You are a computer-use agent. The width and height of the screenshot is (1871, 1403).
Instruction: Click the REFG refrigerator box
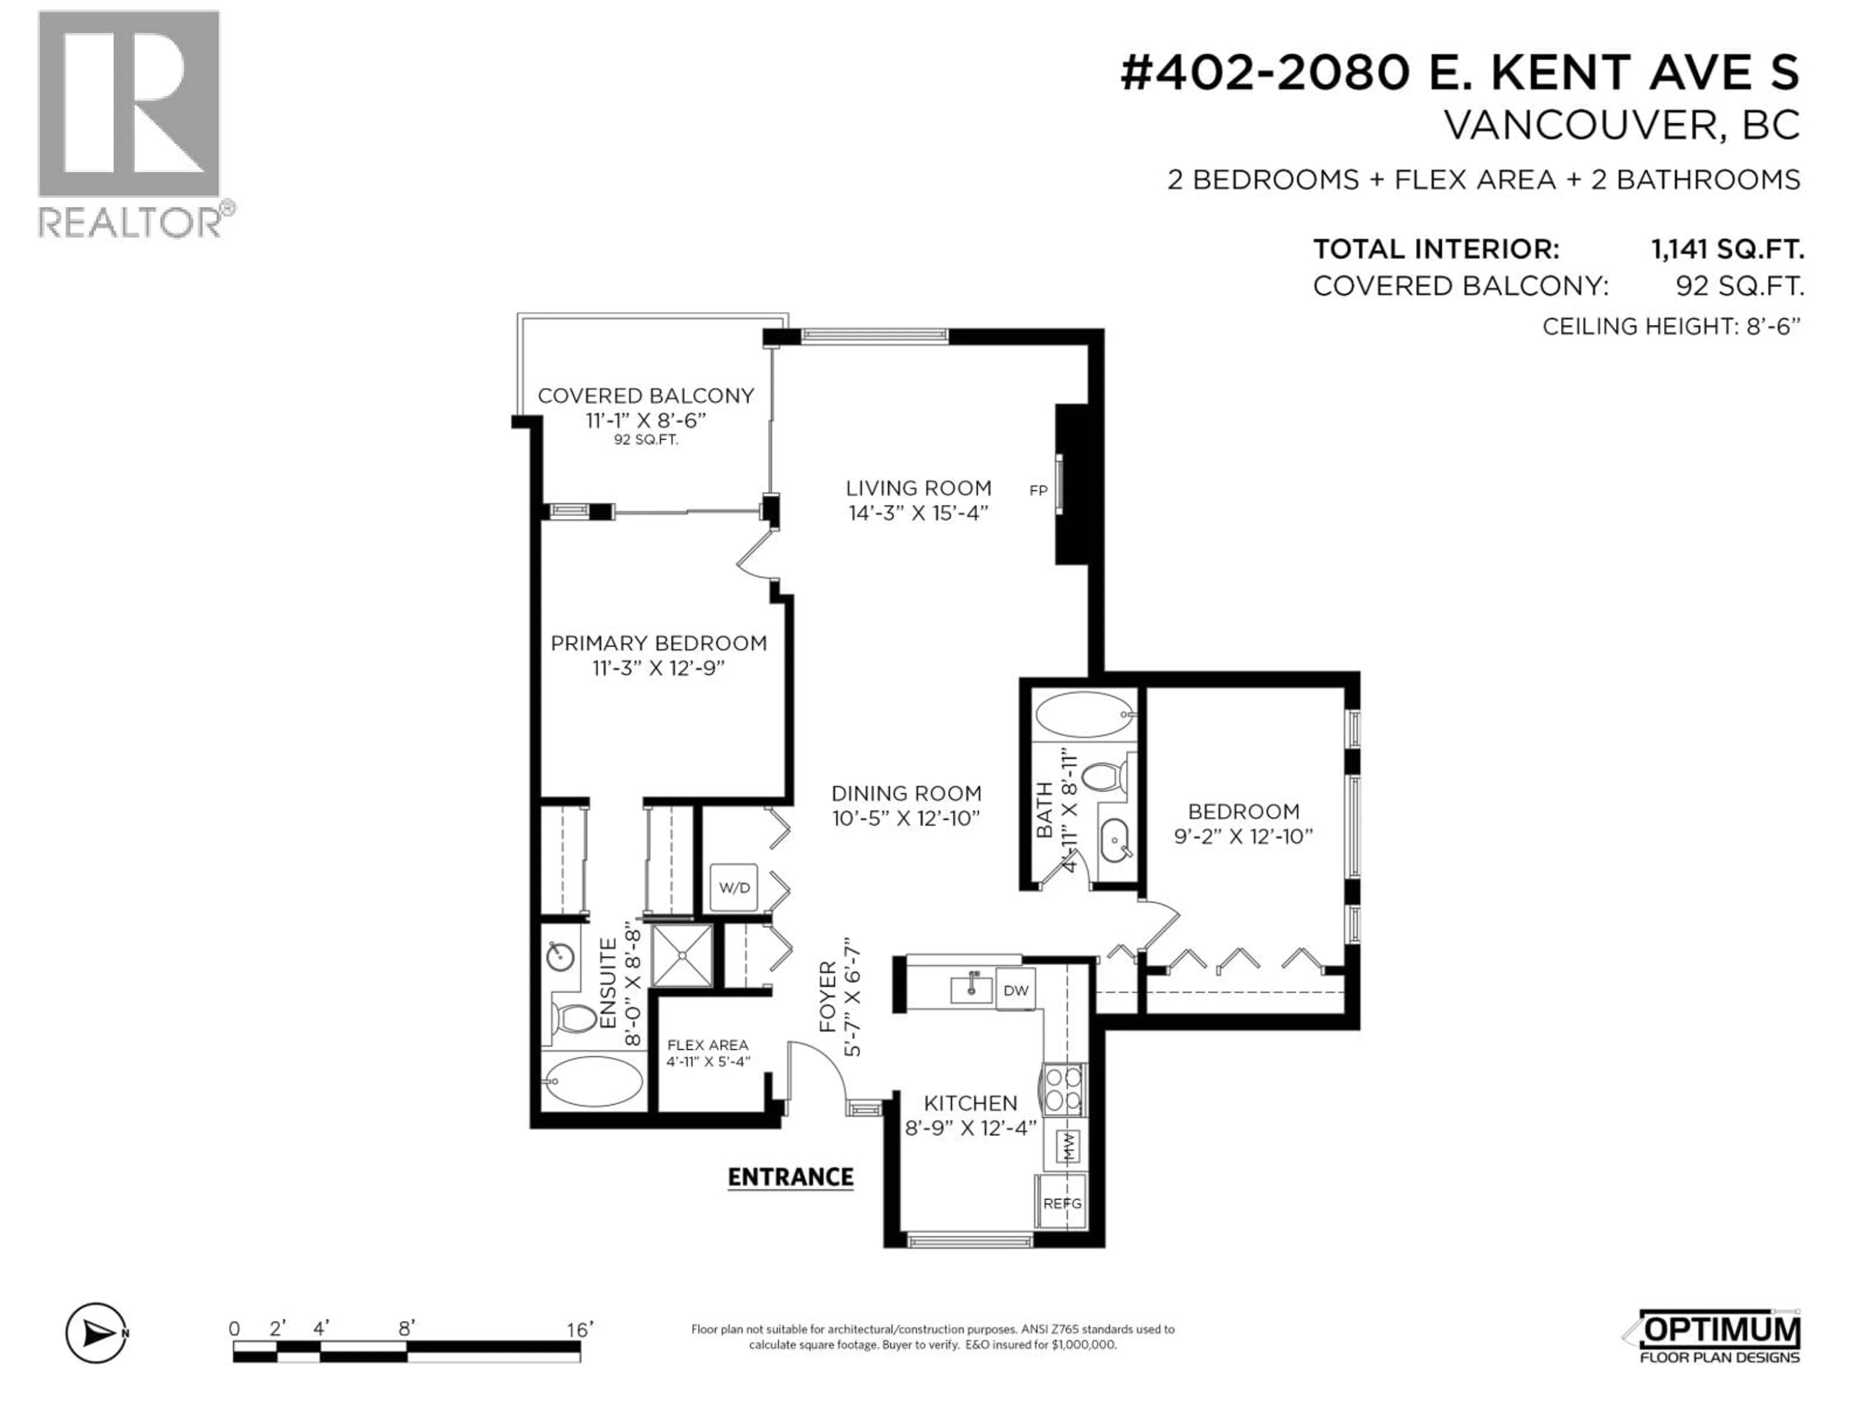point(1062,1203)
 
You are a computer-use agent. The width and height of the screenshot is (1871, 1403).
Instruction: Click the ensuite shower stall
point(682,955)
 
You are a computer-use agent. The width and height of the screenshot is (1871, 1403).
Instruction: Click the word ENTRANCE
point(790,1177)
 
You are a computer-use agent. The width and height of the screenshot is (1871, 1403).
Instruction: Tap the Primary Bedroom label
point(658,643)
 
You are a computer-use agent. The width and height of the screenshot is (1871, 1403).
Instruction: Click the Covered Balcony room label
point(646,396)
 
